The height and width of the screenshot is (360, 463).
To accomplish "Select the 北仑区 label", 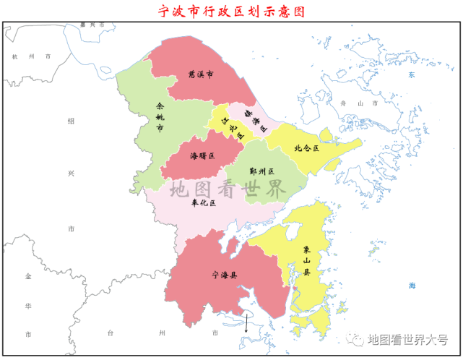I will coord(306,148).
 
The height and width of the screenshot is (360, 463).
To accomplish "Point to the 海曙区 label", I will coord(202,155).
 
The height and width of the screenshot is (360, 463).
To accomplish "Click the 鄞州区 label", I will coord(261,171).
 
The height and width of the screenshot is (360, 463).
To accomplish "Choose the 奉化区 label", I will coord(203,203).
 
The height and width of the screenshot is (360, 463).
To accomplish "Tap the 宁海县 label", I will coord(225,275).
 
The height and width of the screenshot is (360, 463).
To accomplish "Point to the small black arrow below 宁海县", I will coord(246,323).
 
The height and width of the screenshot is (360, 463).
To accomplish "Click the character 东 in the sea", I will coord(410,74).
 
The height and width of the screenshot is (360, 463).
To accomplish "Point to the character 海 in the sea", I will coord(411,286).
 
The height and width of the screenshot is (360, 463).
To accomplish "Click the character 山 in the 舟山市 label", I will coord(359,103).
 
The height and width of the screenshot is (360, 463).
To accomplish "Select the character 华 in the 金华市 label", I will coord(28,306).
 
